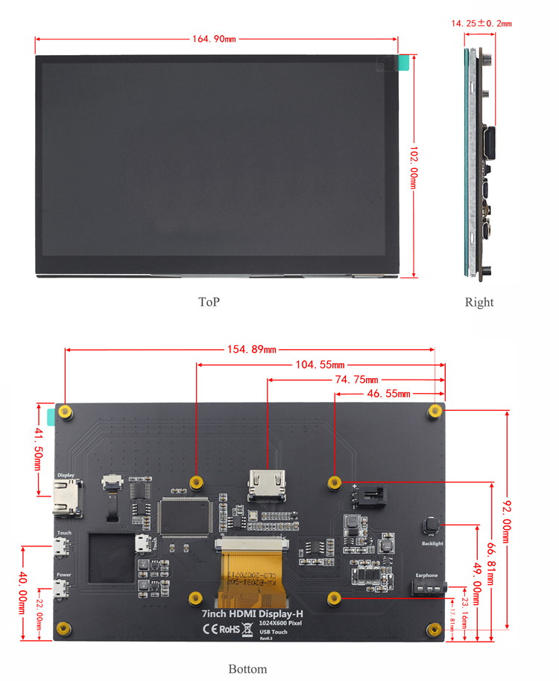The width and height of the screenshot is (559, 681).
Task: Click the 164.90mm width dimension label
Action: (215, 39)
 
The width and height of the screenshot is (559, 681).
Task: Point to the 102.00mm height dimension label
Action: (414, 170)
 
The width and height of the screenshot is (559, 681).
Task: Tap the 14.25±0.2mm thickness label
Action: (481, 23)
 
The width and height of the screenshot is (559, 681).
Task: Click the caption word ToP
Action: (209, 301)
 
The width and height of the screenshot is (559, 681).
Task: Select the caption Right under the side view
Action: (479, 302)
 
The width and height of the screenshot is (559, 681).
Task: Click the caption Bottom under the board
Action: (247, 668)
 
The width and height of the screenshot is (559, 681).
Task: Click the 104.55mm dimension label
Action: (320, 365)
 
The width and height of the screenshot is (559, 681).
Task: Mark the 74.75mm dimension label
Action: (356, 380)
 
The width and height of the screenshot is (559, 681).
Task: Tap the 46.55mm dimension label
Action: (388, 393)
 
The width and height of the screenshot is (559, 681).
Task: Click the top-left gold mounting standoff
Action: (66, 412)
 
